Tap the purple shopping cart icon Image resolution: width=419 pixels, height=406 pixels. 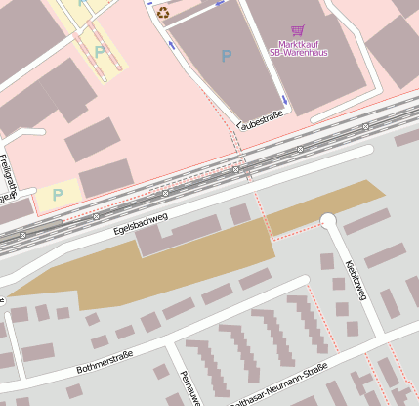point(298,31)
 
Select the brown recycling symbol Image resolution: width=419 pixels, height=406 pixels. point(162,13)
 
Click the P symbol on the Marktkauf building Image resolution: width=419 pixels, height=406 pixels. point(227,57)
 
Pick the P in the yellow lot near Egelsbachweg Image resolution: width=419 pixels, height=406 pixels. point(57,195)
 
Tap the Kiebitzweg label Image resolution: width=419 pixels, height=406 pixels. point(356,279)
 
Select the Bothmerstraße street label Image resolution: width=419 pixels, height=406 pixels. point(105,362)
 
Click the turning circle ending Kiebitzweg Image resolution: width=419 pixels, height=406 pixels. point(328,222)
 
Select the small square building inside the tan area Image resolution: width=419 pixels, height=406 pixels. point(239,214)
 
